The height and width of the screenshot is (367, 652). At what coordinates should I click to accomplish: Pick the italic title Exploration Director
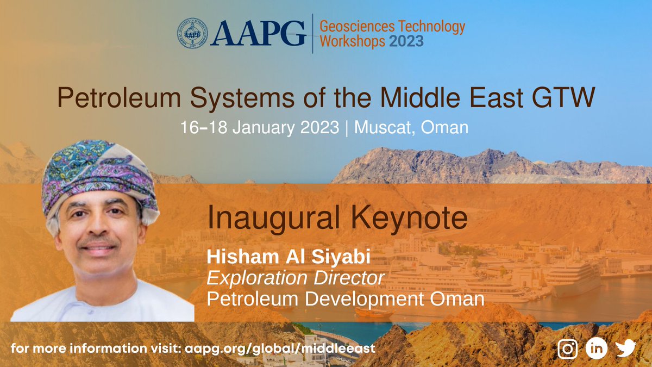point(295,278)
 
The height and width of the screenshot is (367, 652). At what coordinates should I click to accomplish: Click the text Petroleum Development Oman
point(344,298)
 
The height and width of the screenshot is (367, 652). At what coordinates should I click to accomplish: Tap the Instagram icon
point(567,349)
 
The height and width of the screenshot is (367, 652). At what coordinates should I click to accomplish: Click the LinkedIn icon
point(596,349)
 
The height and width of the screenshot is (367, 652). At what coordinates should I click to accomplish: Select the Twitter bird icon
point(625,349)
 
